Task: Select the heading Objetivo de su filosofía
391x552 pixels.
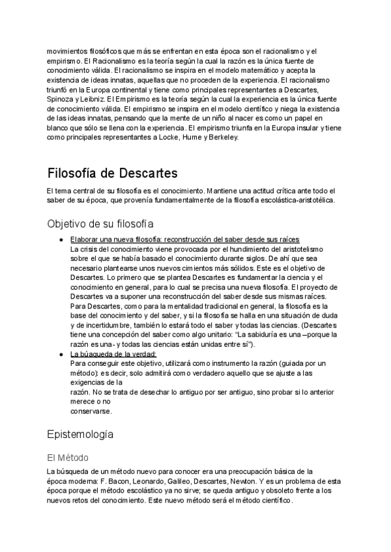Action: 100,223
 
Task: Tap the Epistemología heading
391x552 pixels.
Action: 80,433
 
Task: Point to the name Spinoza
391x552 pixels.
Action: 63,98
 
